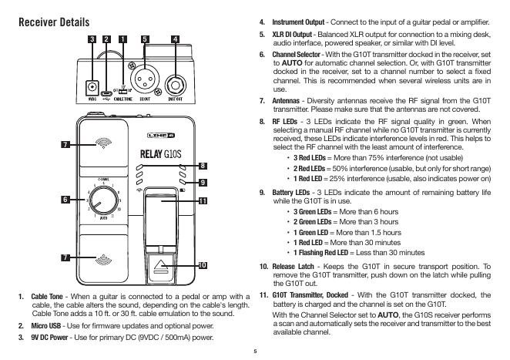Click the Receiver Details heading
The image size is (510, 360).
54,22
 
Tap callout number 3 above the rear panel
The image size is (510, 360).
92,39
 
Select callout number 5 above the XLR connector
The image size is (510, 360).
145,39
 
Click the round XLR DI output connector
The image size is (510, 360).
145,79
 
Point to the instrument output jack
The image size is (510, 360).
176,86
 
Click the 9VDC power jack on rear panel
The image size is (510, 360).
92,87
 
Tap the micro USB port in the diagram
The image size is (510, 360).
106,92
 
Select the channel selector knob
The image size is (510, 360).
103,200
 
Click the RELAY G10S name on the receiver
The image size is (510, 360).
161,154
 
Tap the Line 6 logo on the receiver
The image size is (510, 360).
161,135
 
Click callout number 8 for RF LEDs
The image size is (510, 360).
203,166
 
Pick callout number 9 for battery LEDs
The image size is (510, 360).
203,183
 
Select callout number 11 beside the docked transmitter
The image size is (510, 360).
203,201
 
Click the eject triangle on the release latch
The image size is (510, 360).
160,265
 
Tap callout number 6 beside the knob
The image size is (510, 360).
65,200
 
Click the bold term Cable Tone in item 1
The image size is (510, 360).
47,297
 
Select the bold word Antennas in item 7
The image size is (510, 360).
286,101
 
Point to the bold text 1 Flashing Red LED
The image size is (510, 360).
320,253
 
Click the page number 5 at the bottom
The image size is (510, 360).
255,352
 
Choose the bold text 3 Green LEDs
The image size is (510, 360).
312,212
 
